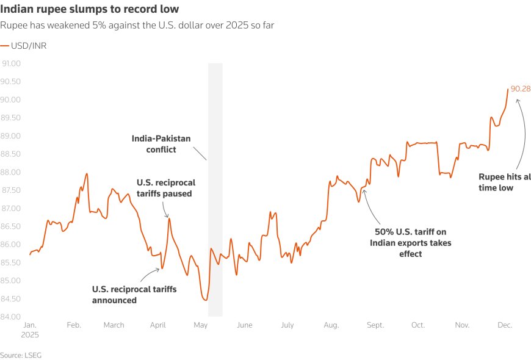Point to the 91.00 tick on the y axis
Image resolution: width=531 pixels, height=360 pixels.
12,63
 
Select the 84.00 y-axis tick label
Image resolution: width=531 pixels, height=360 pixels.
12,317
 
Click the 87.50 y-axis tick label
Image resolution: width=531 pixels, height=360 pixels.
12,190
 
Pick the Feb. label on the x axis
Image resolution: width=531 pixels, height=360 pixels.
73,325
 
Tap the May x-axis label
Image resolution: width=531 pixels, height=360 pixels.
201,325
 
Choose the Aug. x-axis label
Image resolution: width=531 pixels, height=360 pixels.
331,325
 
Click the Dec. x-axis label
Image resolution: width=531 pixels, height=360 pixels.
504,325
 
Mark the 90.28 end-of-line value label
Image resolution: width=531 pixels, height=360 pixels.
521,89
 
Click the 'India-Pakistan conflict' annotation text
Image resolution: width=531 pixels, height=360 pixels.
161,144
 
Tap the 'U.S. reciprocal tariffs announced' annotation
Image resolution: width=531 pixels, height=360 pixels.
134,295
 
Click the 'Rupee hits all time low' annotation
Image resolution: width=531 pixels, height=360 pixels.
504,182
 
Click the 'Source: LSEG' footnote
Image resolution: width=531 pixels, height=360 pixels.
21,355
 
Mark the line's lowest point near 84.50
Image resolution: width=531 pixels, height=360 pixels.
205,300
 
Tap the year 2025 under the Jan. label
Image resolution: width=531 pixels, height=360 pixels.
29,335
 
